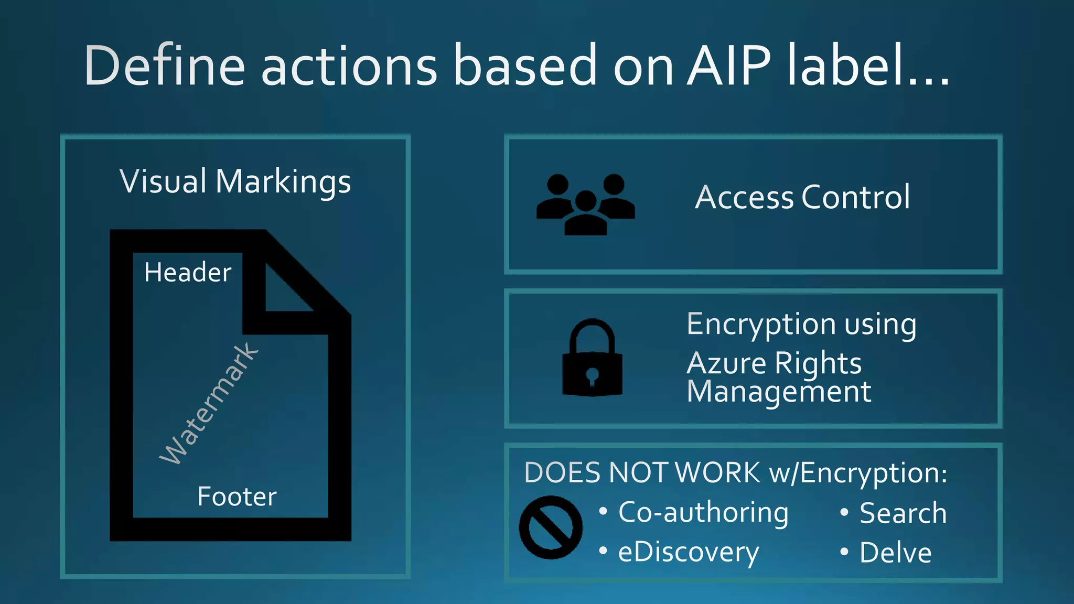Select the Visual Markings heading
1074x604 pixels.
tap(235, 182)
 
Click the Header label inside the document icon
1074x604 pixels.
tap(188, 273)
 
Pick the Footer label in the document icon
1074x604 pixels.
tap(237, 497)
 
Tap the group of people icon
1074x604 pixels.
tap(586, 204)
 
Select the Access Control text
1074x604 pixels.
tap(802, 198)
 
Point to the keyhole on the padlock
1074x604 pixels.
tap(592, 376)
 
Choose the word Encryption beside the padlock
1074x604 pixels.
tap(761, 324)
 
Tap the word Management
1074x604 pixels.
tap(779, 392)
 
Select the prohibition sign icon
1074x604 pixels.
tap(551, 527)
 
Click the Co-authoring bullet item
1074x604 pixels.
tap(703, 513)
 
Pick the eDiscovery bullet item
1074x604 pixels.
tap(688, 553)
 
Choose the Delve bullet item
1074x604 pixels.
tap(896, 553)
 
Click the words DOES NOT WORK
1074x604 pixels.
tap(642, 473)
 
